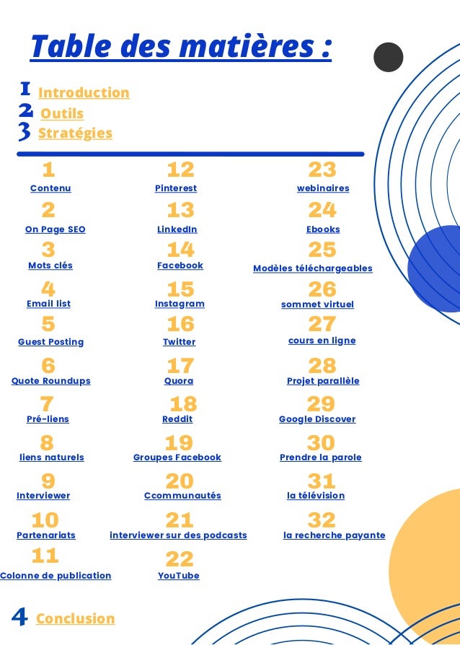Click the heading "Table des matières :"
click(180, 48)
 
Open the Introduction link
click(84, 93)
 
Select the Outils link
click(62, 114)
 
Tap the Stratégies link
click(75, 133)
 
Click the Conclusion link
click(75, 618)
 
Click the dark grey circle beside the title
click(389, 57)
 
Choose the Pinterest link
click(176, 188)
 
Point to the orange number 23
click(322, 170)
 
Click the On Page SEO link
click(55, 229)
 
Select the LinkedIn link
click(177, 229)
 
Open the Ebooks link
click(323, 229)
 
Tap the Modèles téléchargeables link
click(313, 268)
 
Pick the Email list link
click(48, 304)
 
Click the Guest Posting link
click(50, 342)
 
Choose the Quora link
click(179, 381)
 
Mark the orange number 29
click(322, 403)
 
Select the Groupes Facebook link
click(177, 457)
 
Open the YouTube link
click(179, 576)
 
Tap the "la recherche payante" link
click(335, 535)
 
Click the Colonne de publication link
click(56, 576)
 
